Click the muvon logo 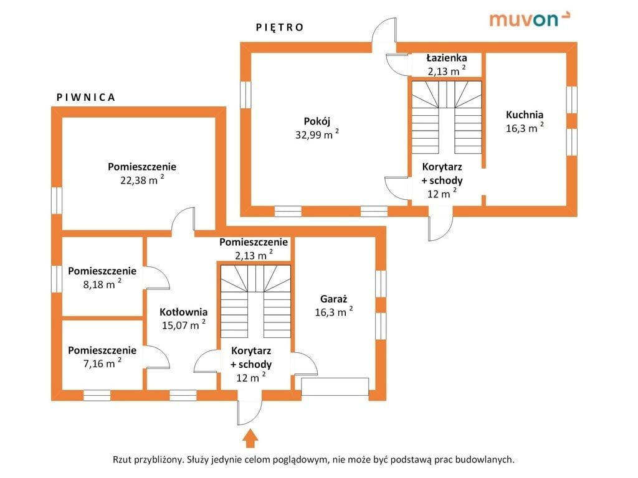(529, 19)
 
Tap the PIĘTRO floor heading (280, 27)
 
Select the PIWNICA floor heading (86, 97)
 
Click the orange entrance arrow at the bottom (250, 438)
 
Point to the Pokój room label (317, 121)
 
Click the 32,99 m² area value (317, 134)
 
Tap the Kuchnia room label (525, 115)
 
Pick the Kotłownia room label (183, 312)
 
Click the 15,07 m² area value (183, 325)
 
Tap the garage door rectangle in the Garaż (335, 387)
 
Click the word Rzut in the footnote (123, 460)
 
